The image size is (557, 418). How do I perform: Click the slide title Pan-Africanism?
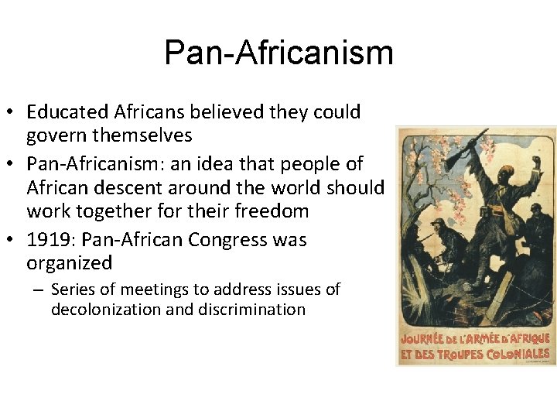[x=278, y=53]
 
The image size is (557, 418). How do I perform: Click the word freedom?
[x=273, y=211]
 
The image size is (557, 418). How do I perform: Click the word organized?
[x=70, y=263]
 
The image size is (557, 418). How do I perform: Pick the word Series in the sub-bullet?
[x=72, y=290]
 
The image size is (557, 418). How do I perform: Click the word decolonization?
[x=104, y=310]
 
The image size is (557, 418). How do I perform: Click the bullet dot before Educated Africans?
[x=15, y=113]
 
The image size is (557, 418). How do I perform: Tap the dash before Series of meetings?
[x=38, y=290]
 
